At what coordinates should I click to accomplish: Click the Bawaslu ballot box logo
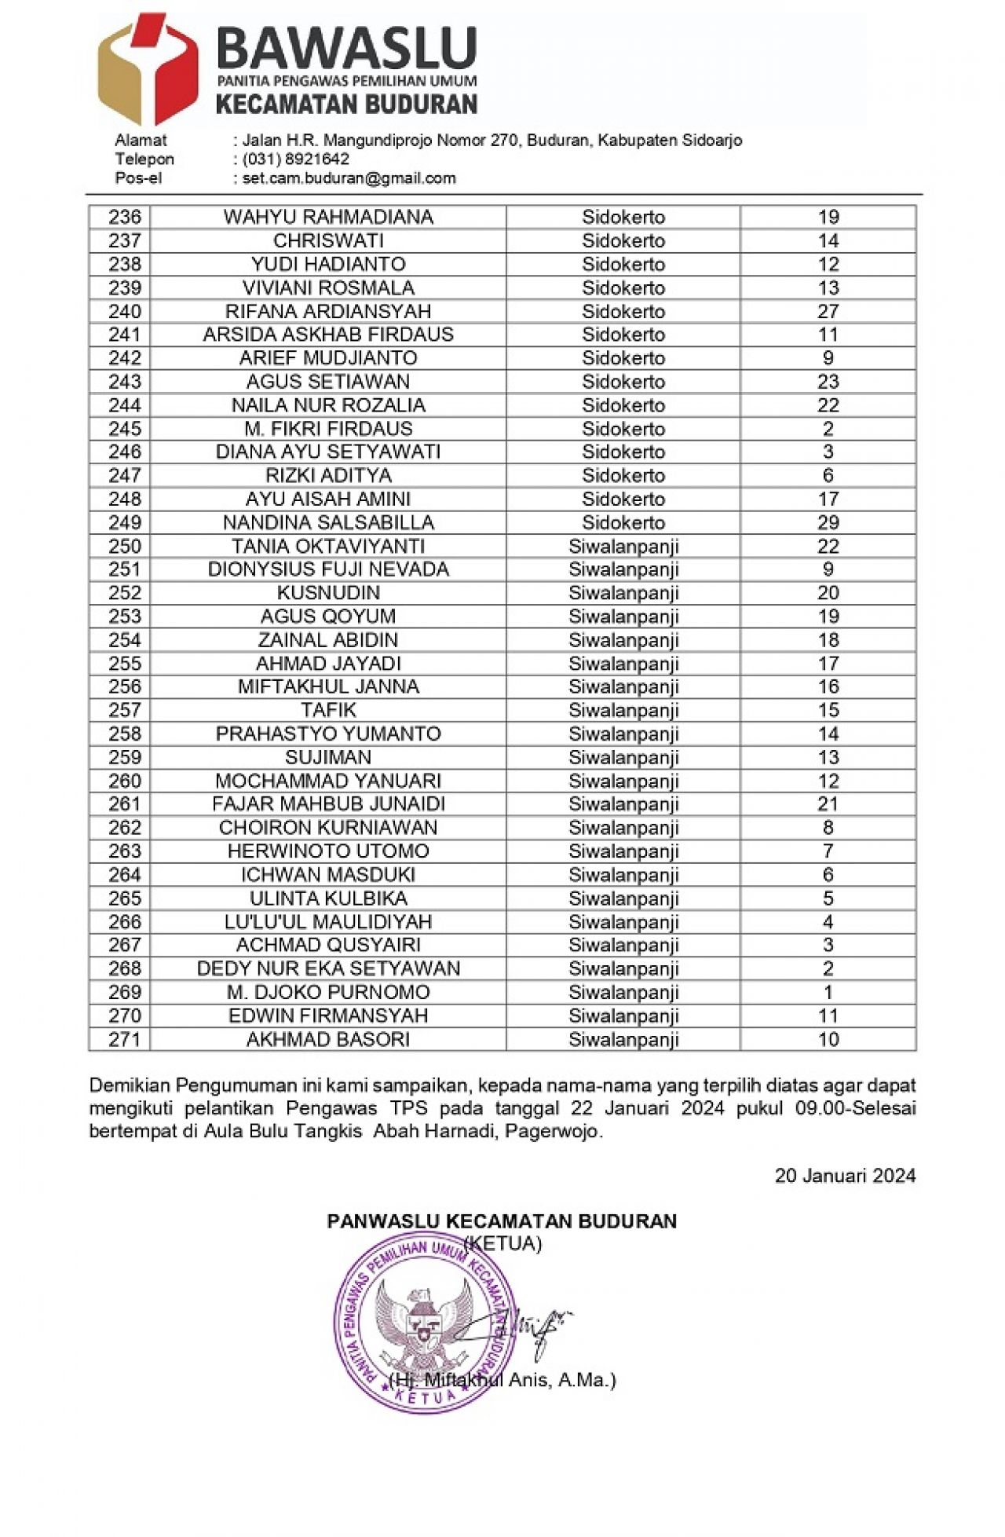click(x=147, y=69)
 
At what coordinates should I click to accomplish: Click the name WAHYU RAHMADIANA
click(x=328, y=217)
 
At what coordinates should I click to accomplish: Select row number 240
click(x=124, y=311)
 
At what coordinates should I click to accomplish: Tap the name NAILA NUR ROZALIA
click(x=328, y=405)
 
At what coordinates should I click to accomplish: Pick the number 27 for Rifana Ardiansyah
click(x=828, y=311)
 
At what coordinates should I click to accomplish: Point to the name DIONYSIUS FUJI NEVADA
click(x=328, y=569)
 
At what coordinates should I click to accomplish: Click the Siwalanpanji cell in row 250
click(x=623, y=547)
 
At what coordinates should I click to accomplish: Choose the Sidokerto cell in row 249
click(x=623, y=523)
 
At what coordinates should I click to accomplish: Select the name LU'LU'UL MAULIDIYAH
click(x=328, y=921)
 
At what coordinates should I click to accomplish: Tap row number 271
click(x=124, y=1039)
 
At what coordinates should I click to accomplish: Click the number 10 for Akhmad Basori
click(x=828, y=1039)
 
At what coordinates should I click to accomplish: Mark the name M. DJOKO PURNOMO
click(x=328, y=992)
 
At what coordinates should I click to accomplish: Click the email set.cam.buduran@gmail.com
click(x=349, y=178)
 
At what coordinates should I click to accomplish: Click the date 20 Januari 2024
click(x=845, y=1175)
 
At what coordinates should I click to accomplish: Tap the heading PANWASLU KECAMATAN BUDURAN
click(x=502, y=1221)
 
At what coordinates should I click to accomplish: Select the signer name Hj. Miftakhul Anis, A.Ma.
click(x=502, y=1380)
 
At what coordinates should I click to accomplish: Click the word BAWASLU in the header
click(x=346, y=48)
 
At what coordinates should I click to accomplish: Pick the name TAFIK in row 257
click(x=328, y=710)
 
